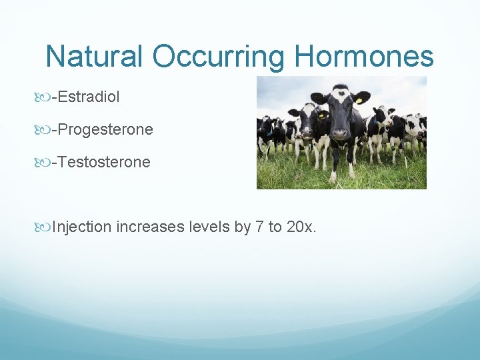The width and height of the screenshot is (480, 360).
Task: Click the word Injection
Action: click(x=81, y=227)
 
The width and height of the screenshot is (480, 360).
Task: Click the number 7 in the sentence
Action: click(x=258, y=227)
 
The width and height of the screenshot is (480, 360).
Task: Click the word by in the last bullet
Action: click(x=242, y=227)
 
